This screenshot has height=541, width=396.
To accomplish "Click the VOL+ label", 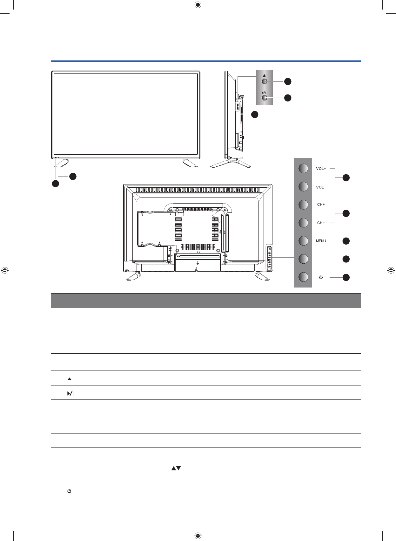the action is tap(321, 169).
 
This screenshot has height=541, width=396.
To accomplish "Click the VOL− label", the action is tap(321, 187).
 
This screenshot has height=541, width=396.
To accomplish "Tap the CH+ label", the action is tap(321, 205).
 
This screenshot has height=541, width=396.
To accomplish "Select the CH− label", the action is tap(321, 223).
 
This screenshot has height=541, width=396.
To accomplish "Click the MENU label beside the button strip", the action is tap(321, 241).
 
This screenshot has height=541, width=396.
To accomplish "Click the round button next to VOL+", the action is tap(303, 168).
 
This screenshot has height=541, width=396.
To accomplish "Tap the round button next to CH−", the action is tap(303, 223).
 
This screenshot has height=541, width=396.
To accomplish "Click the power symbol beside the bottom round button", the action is tap(321, 277).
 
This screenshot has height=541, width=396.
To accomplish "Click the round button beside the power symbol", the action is tap(303, 277).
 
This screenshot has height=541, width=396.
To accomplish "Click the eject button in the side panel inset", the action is tap(264, 81).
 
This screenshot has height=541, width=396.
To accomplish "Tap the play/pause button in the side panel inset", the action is tap(264, 98).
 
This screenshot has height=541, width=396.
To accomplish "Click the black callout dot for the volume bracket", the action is tap(346, 178).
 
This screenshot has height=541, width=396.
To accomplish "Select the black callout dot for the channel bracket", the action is tap(346, 213).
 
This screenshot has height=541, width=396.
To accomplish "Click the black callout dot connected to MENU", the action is tap(346, 241).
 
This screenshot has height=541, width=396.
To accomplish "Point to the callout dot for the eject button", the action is tap(288, 82).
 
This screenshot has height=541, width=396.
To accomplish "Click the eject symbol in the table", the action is tap(70, 380).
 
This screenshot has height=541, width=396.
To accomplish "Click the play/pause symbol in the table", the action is tap(71, 394).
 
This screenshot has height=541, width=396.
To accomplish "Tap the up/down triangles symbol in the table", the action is tap(176, 468).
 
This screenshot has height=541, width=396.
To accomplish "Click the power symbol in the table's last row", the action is tap(69, 491).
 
